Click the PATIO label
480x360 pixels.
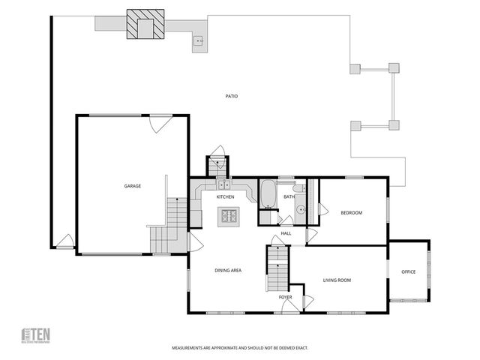[x=232, y=96]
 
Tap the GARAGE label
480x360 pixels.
[x=133, y=186]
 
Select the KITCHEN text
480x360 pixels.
[x=226, y=196]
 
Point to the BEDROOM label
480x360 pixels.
[x=351, y=213]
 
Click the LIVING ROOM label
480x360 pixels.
[x=337, y=280]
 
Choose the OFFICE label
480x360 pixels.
[x=408, y=271]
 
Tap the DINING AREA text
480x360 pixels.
[x=228, y=270]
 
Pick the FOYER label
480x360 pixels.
[x=285, y=298]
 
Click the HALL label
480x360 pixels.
[x=286, y=233]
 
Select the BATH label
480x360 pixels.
[x=289, y=197]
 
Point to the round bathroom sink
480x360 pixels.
[x=300, y=211]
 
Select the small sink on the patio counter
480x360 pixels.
[x=198, y=42]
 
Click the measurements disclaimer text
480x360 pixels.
[x=240, y=348]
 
